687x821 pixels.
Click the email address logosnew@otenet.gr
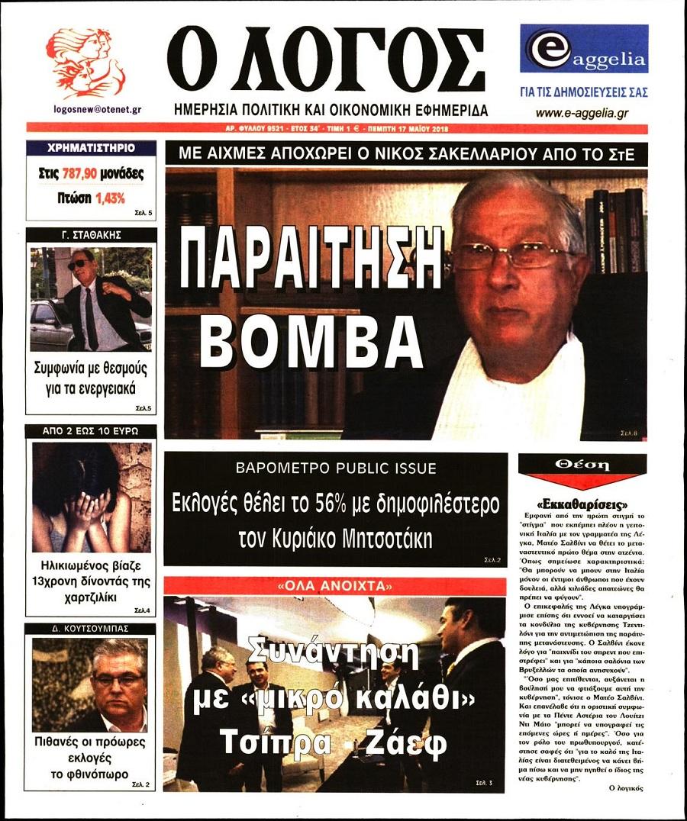[92, 109]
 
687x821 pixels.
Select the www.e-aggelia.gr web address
[582, 113]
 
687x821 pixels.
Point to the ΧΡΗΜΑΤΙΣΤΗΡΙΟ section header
[91, 148]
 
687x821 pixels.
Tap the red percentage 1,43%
[110, 198]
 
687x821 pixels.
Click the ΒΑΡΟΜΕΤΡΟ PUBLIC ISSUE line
[336, 468]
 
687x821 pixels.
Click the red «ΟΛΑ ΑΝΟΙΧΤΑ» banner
[335, 587]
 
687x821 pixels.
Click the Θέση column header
[582, 464]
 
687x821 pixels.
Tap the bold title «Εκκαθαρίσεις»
[582, 505]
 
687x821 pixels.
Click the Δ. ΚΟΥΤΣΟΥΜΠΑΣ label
[91, 629]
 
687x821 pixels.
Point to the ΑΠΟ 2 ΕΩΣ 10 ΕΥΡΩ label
[91, 431]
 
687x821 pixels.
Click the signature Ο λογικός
[627, 787]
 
